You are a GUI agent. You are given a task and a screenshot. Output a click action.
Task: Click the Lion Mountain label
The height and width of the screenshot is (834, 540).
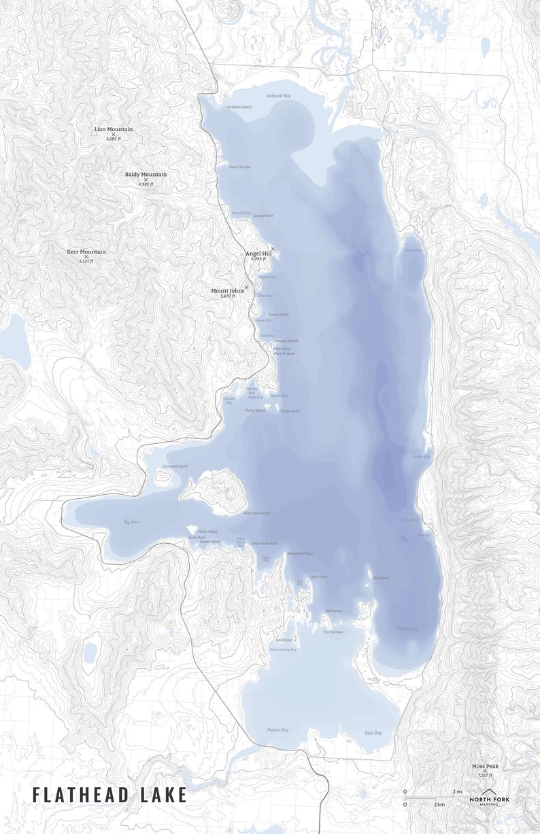pyautogui.click(x=114, y=129)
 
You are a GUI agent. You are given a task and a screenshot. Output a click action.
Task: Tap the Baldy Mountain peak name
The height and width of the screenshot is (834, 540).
pyautogui.click(x=146, y=175)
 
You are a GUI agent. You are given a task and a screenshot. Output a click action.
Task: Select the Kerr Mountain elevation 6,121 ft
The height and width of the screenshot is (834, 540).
pyautogui.click(x=86, y=261)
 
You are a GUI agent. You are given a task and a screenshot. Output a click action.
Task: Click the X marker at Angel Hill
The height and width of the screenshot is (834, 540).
pyautogui.click(x=273, y=249)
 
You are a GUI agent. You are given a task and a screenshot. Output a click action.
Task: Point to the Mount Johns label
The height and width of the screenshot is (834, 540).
pyautogui.click(x=228, y=291)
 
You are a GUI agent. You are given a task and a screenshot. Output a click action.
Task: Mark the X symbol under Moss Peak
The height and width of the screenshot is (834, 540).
pyautogui.click(x=485, y=771)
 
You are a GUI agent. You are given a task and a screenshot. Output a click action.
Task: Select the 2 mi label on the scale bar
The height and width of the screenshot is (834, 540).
pyautogui.click(x=458, y=792)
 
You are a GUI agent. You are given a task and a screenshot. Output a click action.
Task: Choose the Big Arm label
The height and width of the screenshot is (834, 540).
pyautogui.click(x=131, y=522)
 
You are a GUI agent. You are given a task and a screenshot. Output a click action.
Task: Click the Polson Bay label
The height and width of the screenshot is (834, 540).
pyautogui.click(x=277, y=730)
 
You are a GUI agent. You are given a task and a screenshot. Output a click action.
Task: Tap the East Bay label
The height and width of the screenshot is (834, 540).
pyautogui.click(x=373, y=733)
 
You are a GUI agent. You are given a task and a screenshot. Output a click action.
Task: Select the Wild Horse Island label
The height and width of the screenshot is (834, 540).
pyautogui.click(x=256, y=513)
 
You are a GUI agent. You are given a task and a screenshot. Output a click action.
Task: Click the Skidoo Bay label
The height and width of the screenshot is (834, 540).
pyautogui.click(x=407, y=629)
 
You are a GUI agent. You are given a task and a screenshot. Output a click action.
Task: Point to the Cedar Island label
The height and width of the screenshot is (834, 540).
pyautogui.click(x=290, y=411)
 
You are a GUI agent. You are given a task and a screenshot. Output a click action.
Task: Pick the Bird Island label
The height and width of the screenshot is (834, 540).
pyautogui.click(x=381, y=578)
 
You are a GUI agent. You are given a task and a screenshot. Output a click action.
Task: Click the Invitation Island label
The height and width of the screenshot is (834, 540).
pyautogui.click(x=239, y=107)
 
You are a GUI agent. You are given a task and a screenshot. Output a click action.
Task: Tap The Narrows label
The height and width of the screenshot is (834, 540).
pyautogui.click(x=333, y=632)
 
